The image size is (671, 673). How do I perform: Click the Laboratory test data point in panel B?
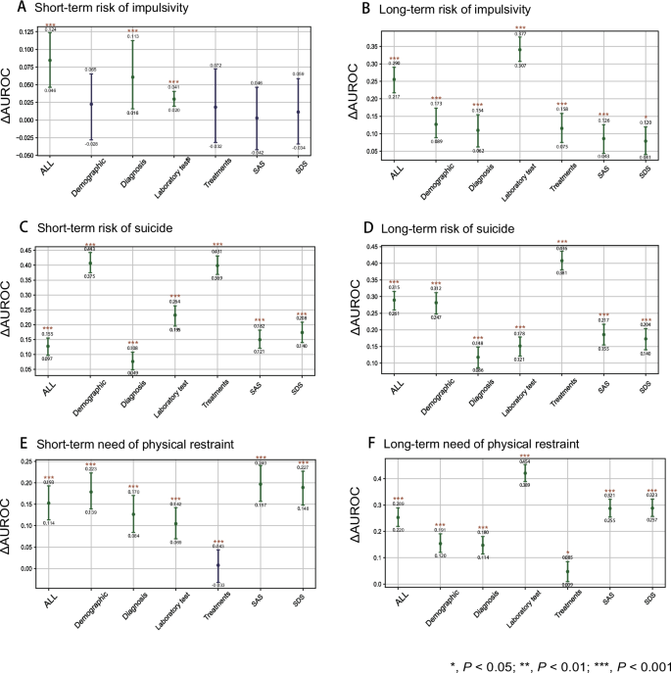point(519,49)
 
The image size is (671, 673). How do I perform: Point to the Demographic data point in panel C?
point(90,263)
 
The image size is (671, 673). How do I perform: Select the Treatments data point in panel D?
point(562,259)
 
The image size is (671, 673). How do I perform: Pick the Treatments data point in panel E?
point(217,565)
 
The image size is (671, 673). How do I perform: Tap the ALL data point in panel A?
point(49,61)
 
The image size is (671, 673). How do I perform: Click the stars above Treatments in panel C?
point(217,245)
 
